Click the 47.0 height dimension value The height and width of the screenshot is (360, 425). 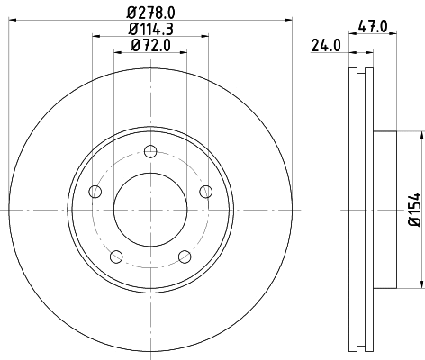(371, 27)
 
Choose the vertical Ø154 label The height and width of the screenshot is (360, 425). (415, 209)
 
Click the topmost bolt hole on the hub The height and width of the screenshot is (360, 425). (151, 150)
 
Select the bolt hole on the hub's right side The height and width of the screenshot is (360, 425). (205, 190)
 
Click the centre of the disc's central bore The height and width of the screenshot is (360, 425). (151, 209)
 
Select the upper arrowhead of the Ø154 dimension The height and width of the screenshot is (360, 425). (420, 134)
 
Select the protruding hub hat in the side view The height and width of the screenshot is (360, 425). (385, 209)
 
